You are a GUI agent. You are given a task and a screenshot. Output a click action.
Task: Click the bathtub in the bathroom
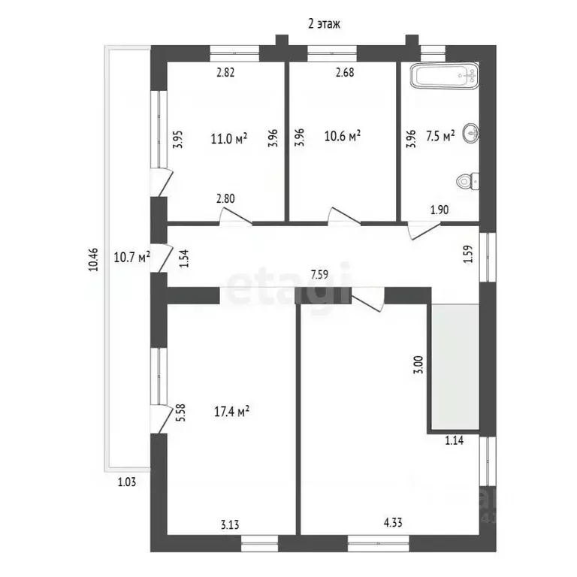coord(445,75)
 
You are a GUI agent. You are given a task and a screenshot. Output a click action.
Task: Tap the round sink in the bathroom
coord(471,132)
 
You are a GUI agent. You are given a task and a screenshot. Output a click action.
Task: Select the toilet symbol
coord(467,181)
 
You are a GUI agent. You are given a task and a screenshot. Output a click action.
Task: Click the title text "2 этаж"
coord(324,24)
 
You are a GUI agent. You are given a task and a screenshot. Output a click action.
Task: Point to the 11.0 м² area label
coord(229,139)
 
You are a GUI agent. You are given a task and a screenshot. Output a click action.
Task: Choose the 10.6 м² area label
coord(343,136)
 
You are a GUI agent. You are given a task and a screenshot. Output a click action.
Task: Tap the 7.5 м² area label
coord(440,135)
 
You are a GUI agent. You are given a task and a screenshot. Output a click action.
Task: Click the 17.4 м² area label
coord(232,412)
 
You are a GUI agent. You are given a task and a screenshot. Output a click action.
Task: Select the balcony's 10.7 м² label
coord(131,257)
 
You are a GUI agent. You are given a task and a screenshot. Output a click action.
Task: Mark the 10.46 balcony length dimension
coord(93,260)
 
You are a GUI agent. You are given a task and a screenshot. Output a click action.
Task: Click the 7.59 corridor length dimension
coord(319,274)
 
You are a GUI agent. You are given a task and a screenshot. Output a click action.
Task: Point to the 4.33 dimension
coord(393,522)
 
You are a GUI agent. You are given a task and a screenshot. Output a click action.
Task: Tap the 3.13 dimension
coord(230,524)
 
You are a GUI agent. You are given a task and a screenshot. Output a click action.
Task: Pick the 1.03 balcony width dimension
coord(126,482)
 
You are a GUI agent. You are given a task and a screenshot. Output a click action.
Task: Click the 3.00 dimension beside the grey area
coord(418,364)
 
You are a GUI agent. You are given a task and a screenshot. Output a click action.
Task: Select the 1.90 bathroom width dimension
coord(440,210)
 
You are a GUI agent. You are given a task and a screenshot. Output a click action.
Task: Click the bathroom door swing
coord(424,231)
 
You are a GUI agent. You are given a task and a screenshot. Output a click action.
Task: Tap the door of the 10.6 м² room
coord(344,216)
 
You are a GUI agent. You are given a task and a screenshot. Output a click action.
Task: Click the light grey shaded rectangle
coord(455,367)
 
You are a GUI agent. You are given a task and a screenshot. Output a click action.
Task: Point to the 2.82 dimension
coord(225,72)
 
